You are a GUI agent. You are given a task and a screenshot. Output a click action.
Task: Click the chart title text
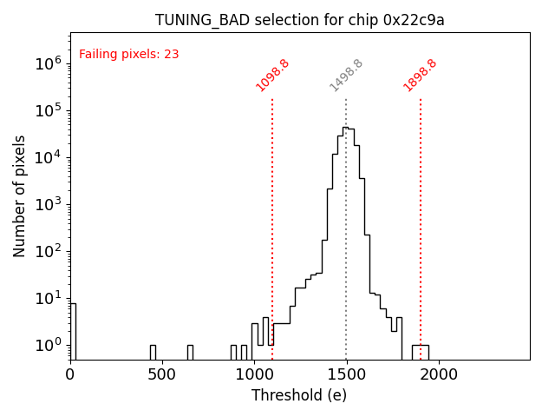[x=299, y=20]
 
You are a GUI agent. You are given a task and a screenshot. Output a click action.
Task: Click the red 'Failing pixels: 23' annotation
[x=129, y=55]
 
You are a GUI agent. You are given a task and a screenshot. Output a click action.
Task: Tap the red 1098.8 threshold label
[x=272, y=76]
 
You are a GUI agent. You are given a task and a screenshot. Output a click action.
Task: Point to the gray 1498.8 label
[x=346, y=76]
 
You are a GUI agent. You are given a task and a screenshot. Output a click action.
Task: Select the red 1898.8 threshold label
[x=420, y=76]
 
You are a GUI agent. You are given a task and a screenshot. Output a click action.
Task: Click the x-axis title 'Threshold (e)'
[x=299, y=395]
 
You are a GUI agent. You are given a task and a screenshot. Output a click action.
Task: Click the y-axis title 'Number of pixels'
[x=20, y=195]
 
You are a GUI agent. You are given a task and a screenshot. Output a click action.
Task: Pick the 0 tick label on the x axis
[x=70, y=374]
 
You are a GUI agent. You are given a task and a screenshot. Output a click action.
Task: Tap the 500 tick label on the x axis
[x=162, y=374]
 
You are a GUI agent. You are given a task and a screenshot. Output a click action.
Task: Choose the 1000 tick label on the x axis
[x=254, y=374]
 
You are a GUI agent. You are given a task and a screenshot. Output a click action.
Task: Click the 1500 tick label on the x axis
[x=346, y=374]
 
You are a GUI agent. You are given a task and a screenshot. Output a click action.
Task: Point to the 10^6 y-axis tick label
[x=46, y=63]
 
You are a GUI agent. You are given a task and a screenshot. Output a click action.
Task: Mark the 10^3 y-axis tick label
[x=46, y=204]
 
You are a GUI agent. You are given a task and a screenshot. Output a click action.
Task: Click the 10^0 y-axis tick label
[x=46, y=345]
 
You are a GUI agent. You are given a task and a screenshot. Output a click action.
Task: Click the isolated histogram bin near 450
[x=153, y=352]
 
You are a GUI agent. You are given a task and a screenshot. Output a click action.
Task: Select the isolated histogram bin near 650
[x=190, y=352]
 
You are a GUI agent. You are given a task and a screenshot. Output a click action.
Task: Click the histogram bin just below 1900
[x=417, y=352]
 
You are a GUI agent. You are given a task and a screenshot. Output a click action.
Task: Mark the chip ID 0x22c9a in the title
[x=415, y=20]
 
